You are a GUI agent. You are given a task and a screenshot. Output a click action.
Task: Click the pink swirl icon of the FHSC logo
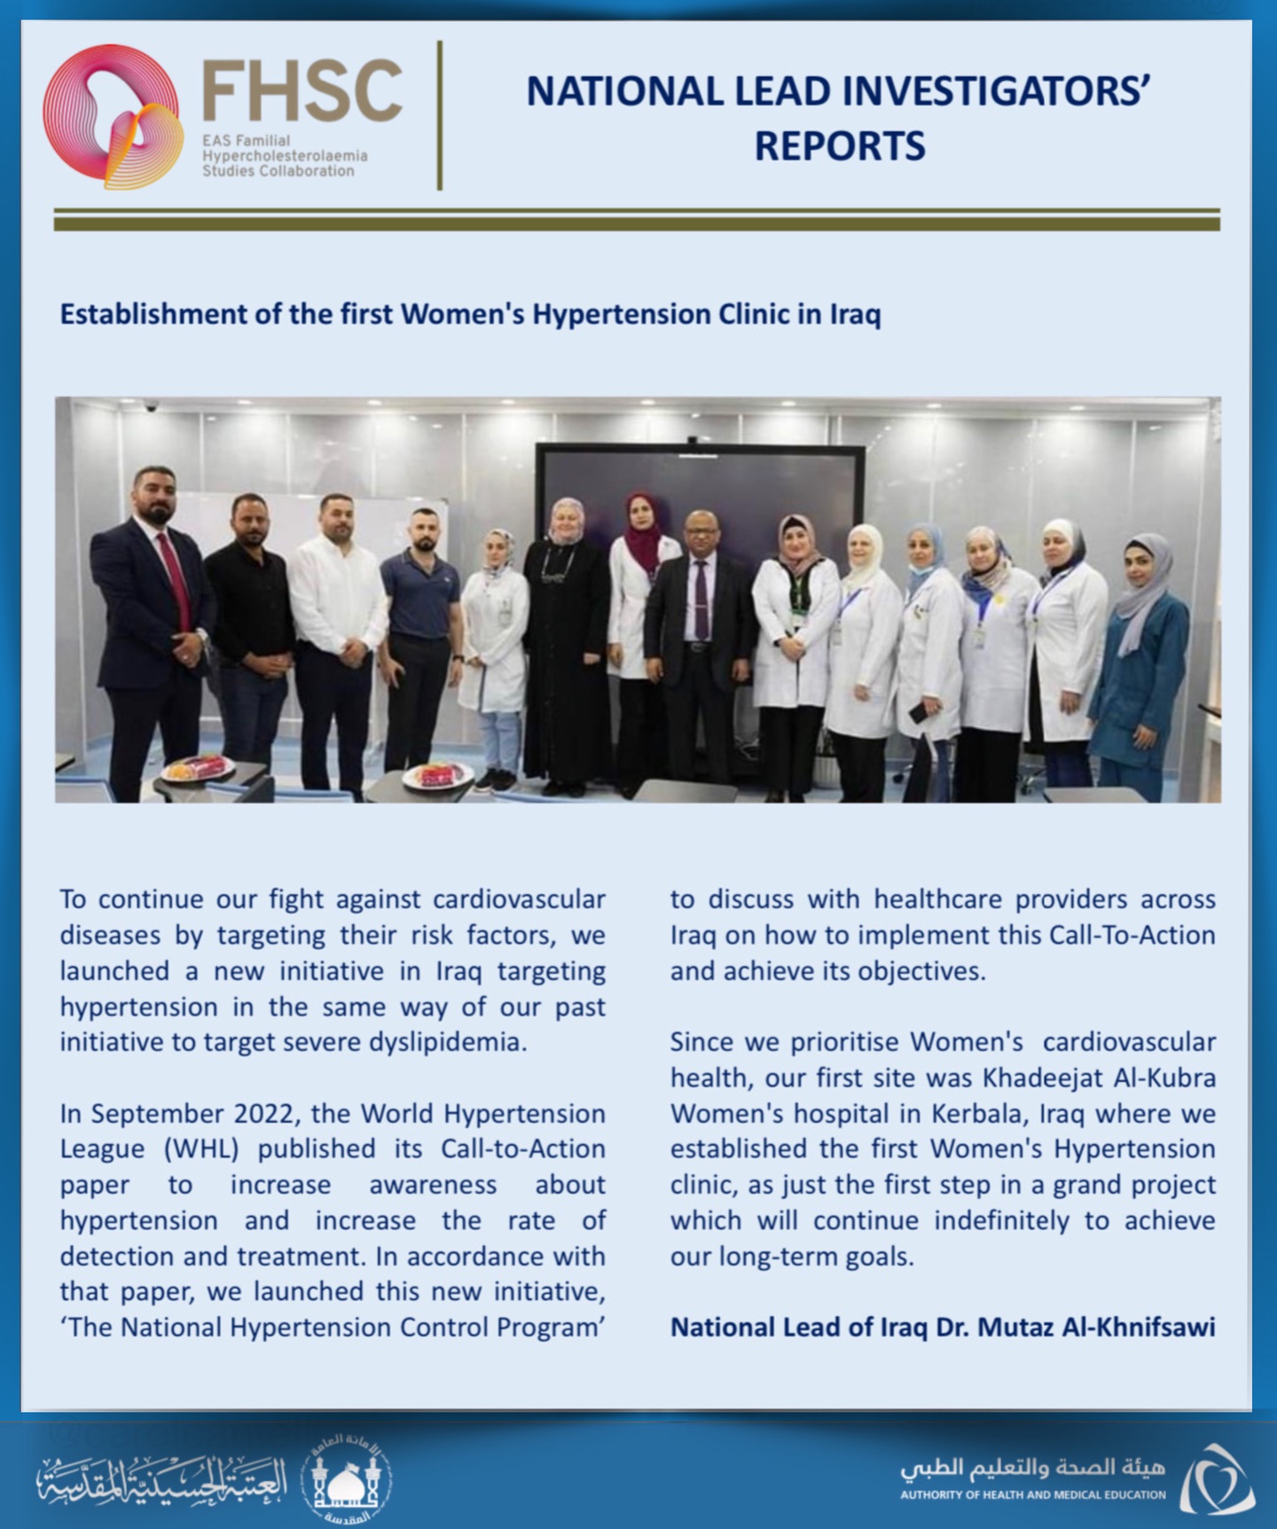[x=111, y=116]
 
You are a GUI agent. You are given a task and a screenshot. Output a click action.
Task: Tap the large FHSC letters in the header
[x=302, y=91]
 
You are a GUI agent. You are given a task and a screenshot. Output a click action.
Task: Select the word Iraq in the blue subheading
[x=855, y=315]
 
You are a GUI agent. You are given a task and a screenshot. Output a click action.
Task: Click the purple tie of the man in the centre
[x=701, y=599]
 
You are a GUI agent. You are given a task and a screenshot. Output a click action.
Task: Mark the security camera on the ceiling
[x=152, y=407]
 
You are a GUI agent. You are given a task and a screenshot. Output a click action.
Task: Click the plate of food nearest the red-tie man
[x=198, y=769]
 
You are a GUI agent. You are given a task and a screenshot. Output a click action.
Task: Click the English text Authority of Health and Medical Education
[x=1033, y=1494]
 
